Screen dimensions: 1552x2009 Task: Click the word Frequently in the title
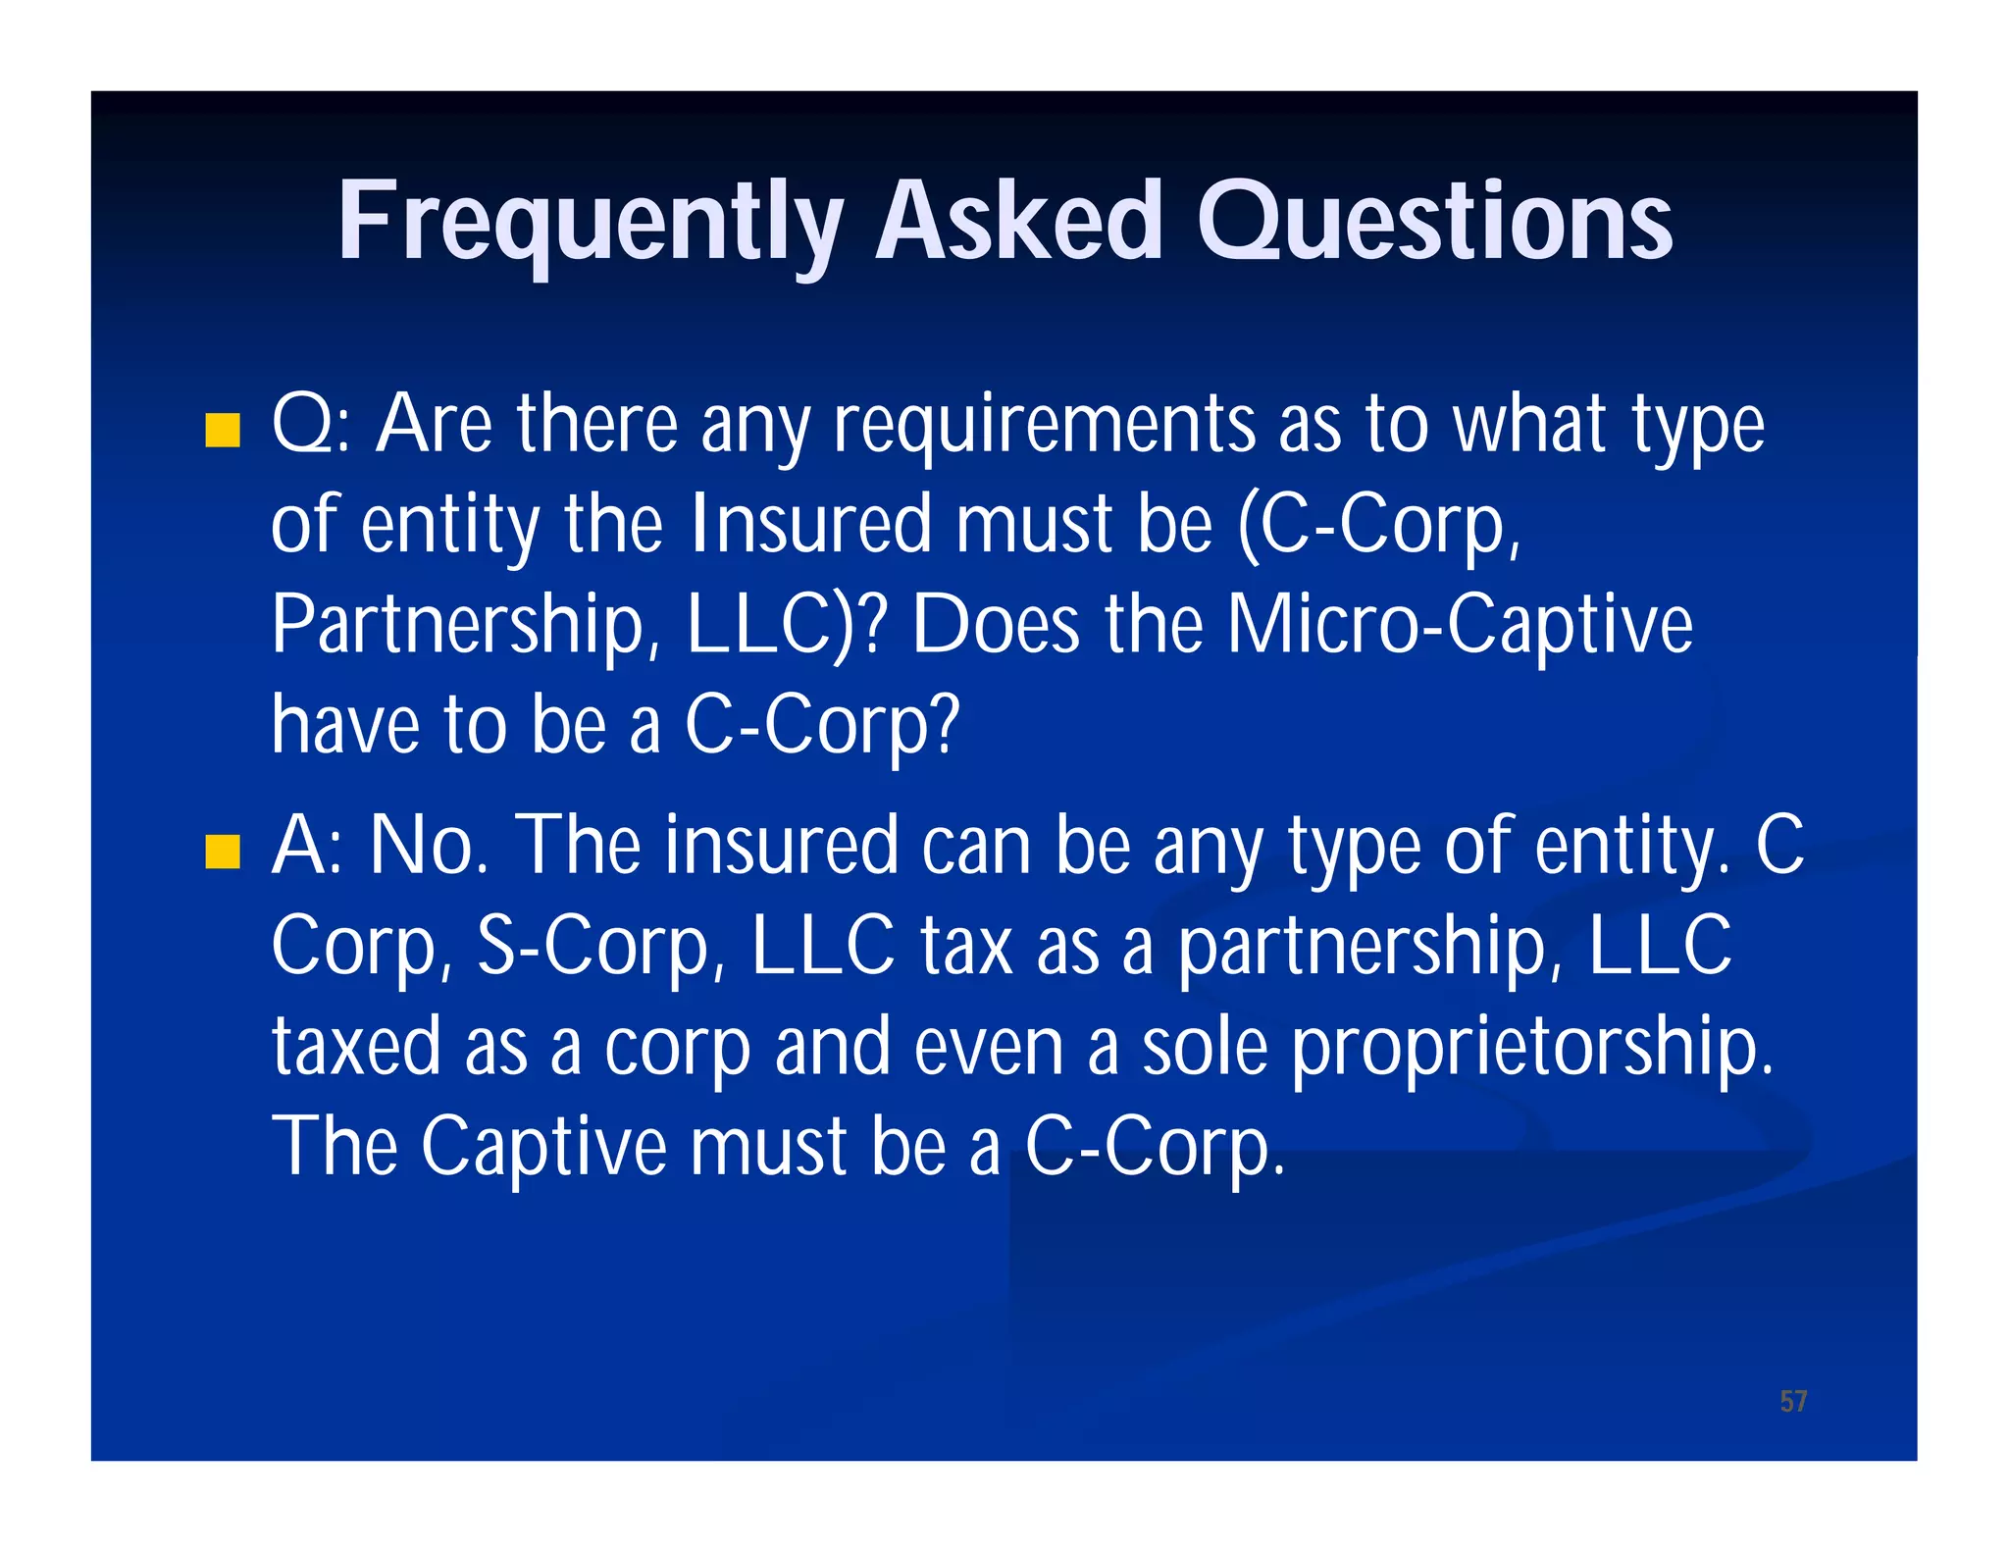coord(590,223)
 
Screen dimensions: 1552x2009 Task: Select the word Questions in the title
coord(1435,223)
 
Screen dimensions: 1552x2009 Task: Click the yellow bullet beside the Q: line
coord(223,430)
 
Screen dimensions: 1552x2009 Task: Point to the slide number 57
coord(1793,1401)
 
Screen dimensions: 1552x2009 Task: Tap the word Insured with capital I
coord(810,525)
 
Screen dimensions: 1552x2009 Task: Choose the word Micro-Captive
coord(1460,625)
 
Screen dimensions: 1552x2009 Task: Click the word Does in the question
coord(996,625)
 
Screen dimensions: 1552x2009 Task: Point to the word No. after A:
coord(429,846)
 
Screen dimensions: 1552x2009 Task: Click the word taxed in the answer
coord(356,1047)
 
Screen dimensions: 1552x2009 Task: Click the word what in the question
coord(1529,425)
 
